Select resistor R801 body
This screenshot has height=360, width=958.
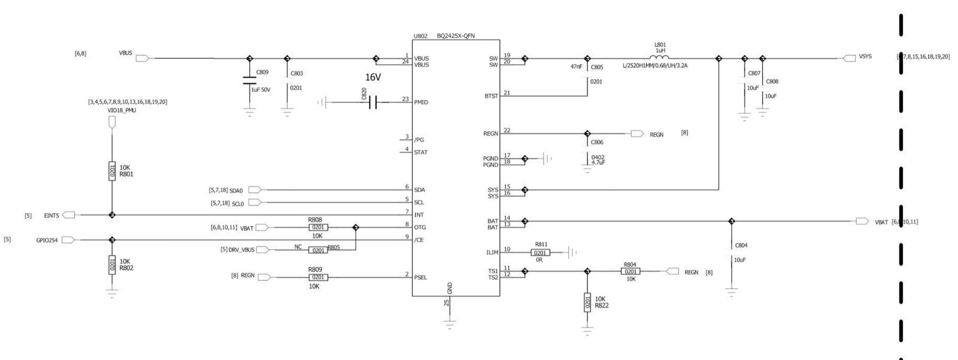[112, 172]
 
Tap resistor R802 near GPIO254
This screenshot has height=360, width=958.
[112, 264]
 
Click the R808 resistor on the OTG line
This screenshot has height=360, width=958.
[318, 228]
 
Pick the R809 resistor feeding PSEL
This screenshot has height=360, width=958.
[318, 277]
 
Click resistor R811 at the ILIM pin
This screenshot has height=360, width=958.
[540, 253]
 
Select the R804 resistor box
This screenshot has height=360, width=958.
[630, 272]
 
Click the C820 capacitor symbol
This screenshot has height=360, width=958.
[372, 102]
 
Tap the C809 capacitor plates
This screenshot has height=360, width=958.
[250, 81]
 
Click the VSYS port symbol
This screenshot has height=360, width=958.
[849, 58]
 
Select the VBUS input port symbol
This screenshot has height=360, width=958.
[143, 58]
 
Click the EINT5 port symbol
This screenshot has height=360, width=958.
[69, 215]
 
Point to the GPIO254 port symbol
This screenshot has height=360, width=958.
[68, 240]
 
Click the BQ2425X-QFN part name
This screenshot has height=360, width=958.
[456, 36]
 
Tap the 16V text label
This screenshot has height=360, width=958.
[373, 78]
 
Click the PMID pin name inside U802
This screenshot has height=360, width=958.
[421, 102]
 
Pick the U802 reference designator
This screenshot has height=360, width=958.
[420, 36]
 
